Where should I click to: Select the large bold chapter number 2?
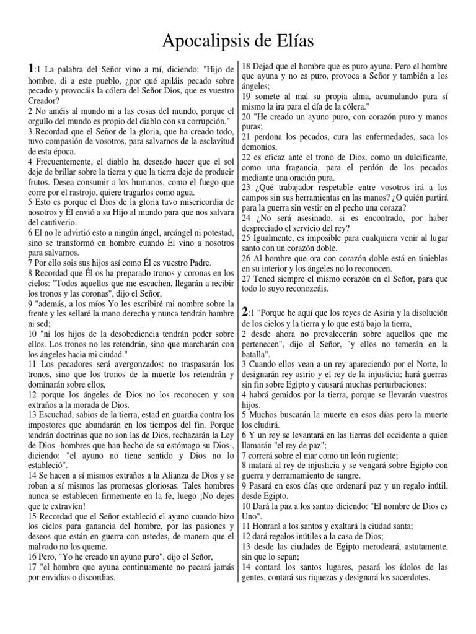click(x=245, y=311)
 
